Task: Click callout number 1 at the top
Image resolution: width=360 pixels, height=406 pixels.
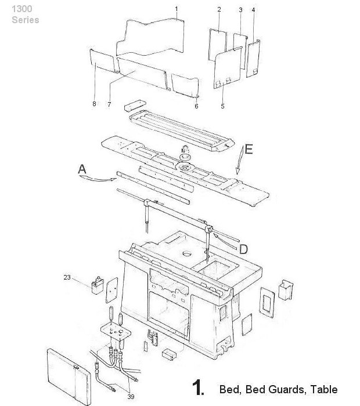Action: [x=177, y=9]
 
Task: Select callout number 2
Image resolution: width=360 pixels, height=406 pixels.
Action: [x=219, y=10]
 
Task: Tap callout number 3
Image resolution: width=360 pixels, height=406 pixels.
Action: [x=240, y=10]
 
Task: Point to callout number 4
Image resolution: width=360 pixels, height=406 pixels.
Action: [x=253, y=10]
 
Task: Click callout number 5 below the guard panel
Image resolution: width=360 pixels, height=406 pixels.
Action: [x=222, y=106]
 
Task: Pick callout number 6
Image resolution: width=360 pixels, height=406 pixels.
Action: [x=196, y=106]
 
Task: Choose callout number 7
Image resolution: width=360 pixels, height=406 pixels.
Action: [x=109, y=104]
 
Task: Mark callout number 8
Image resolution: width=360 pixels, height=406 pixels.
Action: [x=94, y=104]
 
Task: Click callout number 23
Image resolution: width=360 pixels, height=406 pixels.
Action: [x=67, y=278]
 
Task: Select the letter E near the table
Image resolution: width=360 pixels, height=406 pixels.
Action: [x=249, y=149]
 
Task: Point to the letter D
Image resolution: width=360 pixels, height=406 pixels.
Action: [x=244, y=249]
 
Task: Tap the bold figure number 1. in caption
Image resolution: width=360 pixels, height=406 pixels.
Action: [x=197, y=388]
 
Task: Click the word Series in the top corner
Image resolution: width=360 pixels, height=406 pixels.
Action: [x=26, y=20]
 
